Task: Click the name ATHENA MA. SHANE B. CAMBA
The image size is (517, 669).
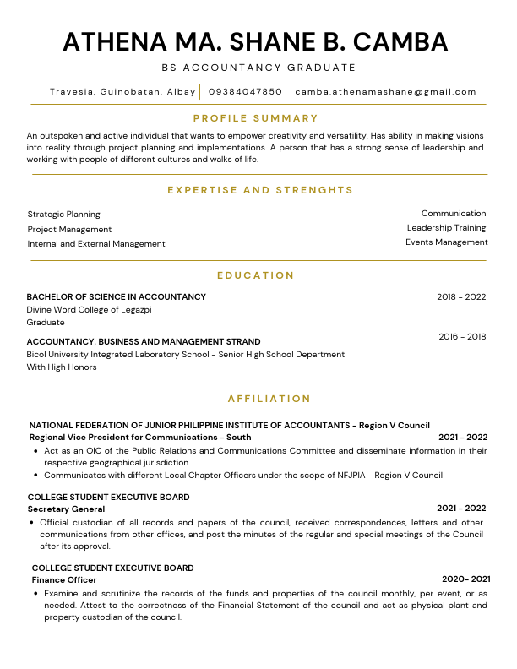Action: click(x=255, y=41)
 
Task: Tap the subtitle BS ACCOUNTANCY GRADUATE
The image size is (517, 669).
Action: click(x=258, y=68)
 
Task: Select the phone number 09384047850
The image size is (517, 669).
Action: click(x=245, y=91)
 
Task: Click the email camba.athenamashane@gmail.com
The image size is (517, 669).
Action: click(x=386, y=91)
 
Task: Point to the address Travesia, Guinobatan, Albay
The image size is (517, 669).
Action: click(x=122, y=91)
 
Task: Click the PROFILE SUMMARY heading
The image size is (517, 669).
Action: click(x=256, y=118)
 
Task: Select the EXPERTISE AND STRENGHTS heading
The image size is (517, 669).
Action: click(x=260, y=190)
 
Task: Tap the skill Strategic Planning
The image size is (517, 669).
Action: click(x=63, y=215)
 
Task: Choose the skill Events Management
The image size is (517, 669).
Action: click(x=446, y=242)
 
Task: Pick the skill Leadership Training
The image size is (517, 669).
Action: click(x=446, y=228)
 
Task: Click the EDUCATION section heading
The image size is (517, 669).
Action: click(x=256, y=275)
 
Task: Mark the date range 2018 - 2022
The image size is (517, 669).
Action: click(x=461, y=297)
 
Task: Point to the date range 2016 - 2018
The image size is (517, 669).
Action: click(x=462, y=337)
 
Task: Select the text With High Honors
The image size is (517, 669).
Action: click(x=62, y=367)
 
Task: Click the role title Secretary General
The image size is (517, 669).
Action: click(x=66, y=509)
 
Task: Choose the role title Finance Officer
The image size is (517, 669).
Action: click(x=64, y=580)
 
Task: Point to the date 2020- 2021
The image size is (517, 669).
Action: click(x=465, y=579)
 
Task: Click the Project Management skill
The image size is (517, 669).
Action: click(x=69, y=230)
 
